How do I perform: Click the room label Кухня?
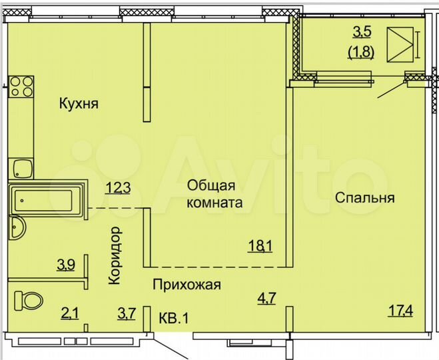click(x=79, y=104)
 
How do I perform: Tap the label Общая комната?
click(x=214, y=193)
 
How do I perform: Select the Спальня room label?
click(x=364, y=198)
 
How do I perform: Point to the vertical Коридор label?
click(x=114, y=256)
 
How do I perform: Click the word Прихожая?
click(x=187, y=285)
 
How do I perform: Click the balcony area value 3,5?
click(x=360, y=32)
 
